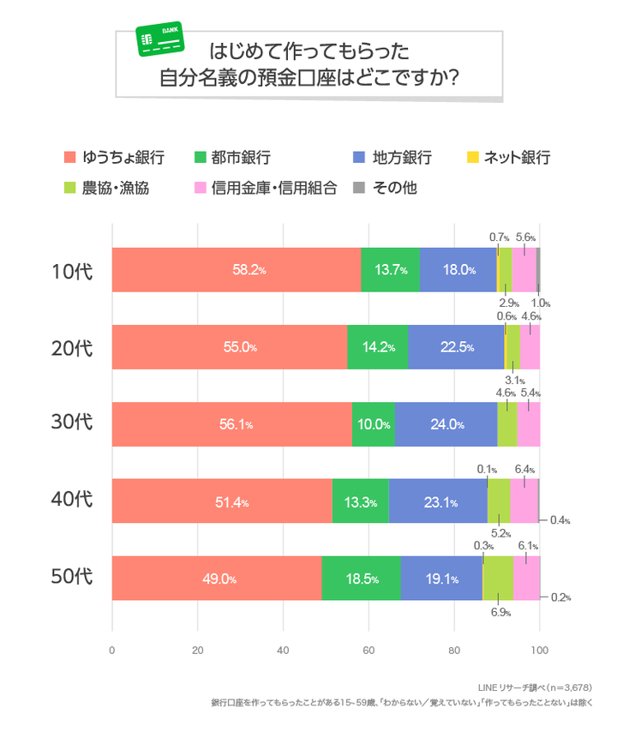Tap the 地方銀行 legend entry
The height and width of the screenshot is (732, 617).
click(x=393, y=158)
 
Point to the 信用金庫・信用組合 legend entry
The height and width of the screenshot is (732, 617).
click(x=266, y=187)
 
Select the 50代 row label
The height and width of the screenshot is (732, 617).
click(x=70, y=577)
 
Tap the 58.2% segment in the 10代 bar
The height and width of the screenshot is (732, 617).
click(x=237, y=269)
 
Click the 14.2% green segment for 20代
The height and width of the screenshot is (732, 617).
click(x=377, y=346)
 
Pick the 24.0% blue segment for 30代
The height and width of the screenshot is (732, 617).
click(x=446, y=423)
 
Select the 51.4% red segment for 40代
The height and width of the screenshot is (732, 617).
click(x=222, y=501)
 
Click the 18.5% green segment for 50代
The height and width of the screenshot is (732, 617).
click(x=361, y=578)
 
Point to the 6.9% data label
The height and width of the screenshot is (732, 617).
click(x=500, y=613)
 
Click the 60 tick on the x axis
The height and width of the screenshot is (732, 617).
click(x=368, y=649)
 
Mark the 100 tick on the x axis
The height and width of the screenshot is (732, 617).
click(x=539, y=649)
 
